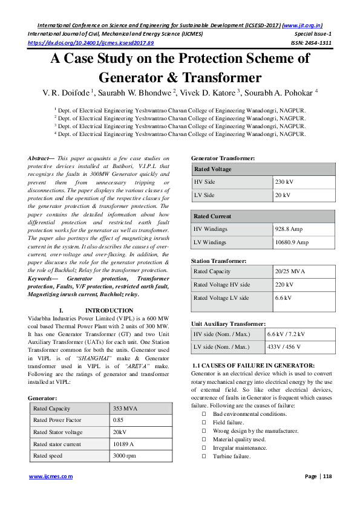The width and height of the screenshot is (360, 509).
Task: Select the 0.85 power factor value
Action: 119,420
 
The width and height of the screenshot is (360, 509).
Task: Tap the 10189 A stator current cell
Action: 124,444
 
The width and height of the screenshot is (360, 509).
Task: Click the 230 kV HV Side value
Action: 285,181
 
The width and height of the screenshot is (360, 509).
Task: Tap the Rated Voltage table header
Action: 212,169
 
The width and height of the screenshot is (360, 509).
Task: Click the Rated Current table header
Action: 212,216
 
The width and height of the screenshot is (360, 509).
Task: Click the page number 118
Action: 328,476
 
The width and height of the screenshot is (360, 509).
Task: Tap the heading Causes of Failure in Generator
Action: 253,366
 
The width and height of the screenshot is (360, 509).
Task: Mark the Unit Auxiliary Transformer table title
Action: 228,324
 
